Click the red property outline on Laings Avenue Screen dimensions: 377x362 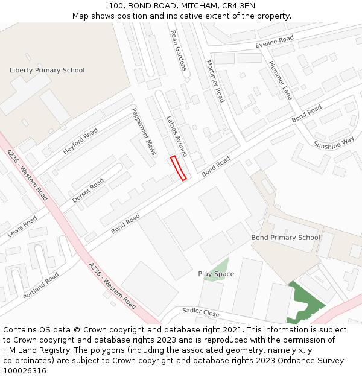tap(178, 168)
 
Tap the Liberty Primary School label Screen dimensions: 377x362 tap(47, 70)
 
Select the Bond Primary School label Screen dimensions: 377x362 tap(285, 238)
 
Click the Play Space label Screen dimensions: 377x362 tap(216, 274)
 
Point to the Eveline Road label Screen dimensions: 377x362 tap(275, 42)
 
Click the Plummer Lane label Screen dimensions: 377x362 tap(280, 80)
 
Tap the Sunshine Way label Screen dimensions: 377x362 tap(334, 142)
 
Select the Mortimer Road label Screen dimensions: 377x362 tap(215, 81)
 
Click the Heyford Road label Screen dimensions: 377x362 tap(80, 141)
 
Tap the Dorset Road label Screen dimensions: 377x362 tap(88, 190)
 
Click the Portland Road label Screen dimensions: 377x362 tap(41, 286)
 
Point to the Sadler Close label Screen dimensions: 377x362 tap(200, 312)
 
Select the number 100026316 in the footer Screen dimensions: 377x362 tap(25, 371)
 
